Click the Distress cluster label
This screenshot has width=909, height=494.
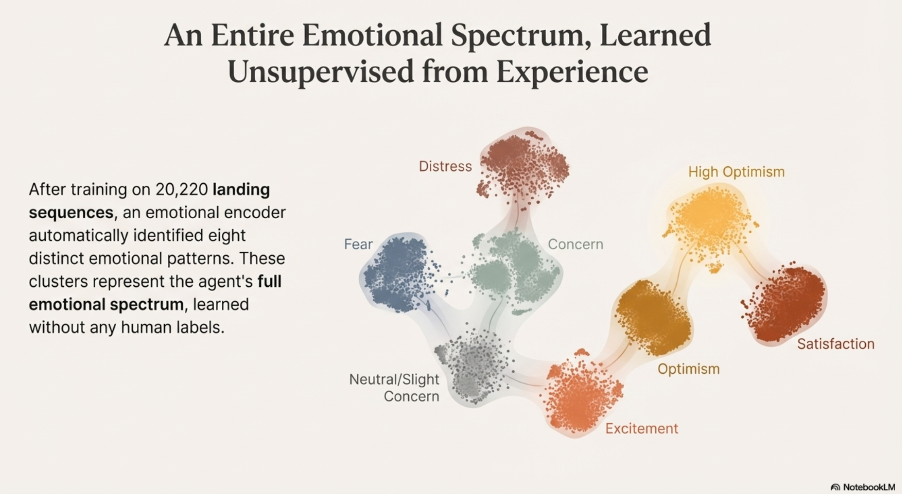click(445, 166)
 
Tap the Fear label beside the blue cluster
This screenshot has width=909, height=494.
click(358, 244)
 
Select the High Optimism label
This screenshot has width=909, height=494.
click(736, 172)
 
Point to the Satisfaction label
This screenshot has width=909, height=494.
click(836, 344)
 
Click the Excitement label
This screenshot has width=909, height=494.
click(642, 428)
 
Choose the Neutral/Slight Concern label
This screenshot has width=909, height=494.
click(394, 388)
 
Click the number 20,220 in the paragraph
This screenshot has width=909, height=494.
click(182, 190)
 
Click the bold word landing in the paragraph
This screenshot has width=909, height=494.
click(241, 190)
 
